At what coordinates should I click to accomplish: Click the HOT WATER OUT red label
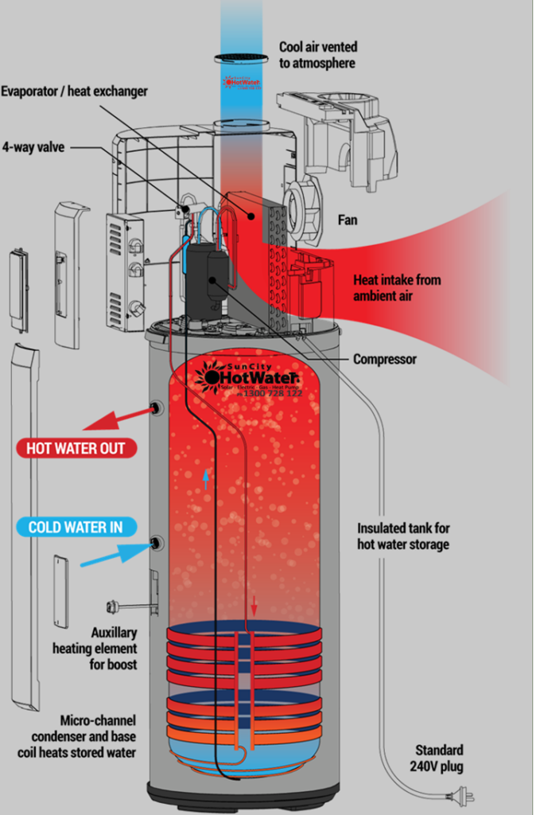tap(76, 448)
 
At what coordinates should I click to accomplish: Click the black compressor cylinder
tap(208, 279)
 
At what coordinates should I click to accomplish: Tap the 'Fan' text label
tap(348, 220)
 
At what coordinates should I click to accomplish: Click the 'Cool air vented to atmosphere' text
tap(317, 55)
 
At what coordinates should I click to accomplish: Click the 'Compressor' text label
tap(385, 360)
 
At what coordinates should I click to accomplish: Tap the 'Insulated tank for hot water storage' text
tap(403, 536)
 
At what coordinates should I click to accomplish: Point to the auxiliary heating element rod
tap(127, 606)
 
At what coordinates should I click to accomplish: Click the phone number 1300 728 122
tap(272, 393)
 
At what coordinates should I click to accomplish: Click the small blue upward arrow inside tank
tap(205, 478)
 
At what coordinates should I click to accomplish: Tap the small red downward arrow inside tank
tap(254, 606)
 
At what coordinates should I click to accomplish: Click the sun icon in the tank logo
tap(212, 376)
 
